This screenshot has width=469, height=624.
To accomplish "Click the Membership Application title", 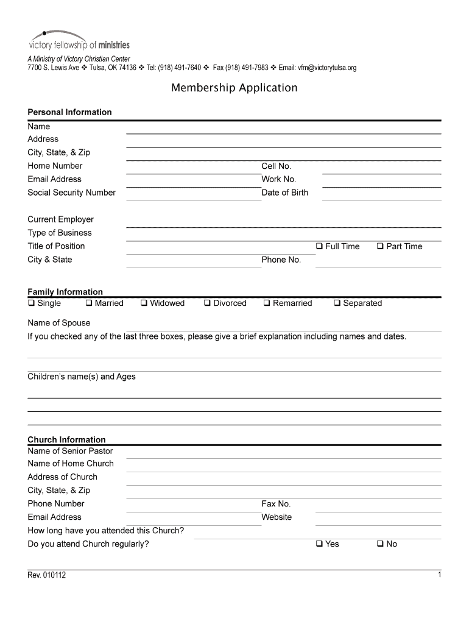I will point(234,88).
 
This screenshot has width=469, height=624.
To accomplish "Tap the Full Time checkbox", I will point(319,246).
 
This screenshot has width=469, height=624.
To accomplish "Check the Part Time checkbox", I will point(379,246).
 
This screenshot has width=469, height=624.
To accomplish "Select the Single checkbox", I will point(31,303).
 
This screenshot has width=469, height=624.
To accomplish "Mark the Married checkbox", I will point(88,303).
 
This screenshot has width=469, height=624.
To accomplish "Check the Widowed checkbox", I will point(144,303).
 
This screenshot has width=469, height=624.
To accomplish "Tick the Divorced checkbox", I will point(207,303).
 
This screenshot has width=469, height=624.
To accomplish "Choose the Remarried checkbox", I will point(267,303).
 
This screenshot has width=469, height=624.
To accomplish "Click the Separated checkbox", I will point(337,303).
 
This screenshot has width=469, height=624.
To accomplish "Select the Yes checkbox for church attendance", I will point(319,544).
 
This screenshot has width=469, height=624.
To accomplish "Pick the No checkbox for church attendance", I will point(379,544).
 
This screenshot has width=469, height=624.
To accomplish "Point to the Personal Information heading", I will point(69,112).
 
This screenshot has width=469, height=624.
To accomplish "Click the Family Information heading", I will point(65,292).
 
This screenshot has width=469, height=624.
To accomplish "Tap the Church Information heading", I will point(66,439).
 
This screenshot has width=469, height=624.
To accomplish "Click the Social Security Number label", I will point(71,193).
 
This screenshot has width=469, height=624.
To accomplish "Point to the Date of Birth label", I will point(284,193).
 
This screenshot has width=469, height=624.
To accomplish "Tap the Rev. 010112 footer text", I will point(46,575).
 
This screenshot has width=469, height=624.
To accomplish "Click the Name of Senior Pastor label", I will point(70,451).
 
